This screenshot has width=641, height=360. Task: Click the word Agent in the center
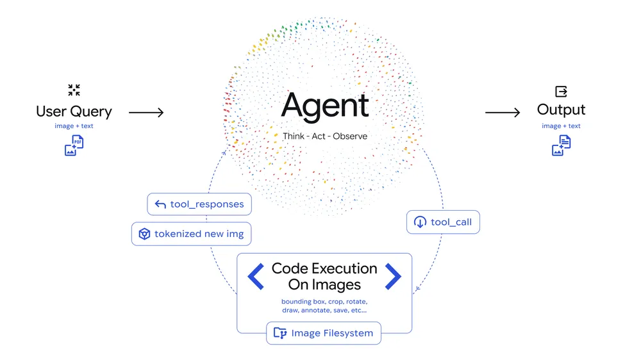pyautogui.click(x=325, y=106)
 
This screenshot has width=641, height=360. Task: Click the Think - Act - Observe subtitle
pyautogui.click(x=325, y=136)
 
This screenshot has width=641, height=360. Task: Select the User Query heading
pyautogui.click(x=74, y=111)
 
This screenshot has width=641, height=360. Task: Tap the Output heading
pyautogui.click(x=561, y=110)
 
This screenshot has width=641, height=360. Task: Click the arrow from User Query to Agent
pyautogui.click(x=146, y=113)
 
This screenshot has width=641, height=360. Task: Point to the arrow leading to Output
pyautogui.click(x=503, y=113)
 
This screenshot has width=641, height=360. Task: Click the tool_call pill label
pyautogui.click(x=443, y=222)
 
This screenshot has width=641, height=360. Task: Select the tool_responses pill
pyautogui.click(x=199, y=204)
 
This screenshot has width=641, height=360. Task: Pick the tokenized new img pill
pyautogui.click(x=191, y=234)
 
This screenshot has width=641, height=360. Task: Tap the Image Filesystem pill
pyautogui.click(x=324, y=333)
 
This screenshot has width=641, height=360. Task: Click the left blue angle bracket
pyautogui.click(x=256, y=277)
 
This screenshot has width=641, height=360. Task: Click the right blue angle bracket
pyautogui.click(x=393, y=277)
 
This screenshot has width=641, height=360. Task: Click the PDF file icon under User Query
pyautogui.click(x=74, y=146)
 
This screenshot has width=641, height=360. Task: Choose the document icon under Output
pyautogui.click(x=562, y=146)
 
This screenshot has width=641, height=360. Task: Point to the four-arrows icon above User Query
pyautogui.click(x=74, y=90)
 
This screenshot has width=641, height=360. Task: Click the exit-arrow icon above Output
pyautogui.click(x=561, y=91)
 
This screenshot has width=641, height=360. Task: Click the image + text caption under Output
pyautogui.click(x=561, y=126)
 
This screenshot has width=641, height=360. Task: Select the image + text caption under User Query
pyautogui.click(x=74, y=126)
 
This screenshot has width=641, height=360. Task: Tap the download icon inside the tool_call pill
pyautogui.click(x=420, y=222)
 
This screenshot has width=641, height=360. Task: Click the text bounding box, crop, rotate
pyautogui.click(x=324, y=301)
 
